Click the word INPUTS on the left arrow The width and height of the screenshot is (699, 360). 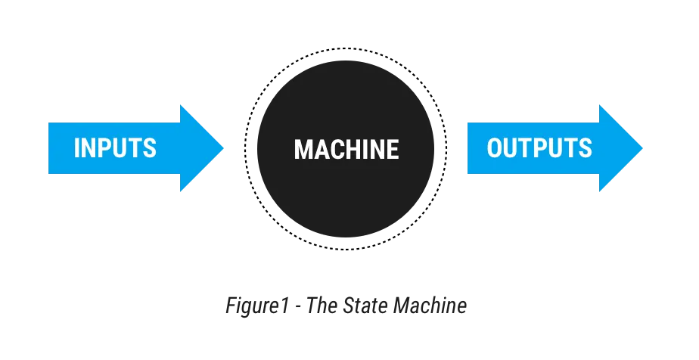click(x=115, y=148)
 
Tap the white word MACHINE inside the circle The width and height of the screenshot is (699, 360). click(x=346, y=149)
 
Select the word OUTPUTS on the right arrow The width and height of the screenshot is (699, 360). click(x=539, y=148)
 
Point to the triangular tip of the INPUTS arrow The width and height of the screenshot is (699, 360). click(x=224, y=148)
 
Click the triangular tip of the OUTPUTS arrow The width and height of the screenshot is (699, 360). click(x=643, y=148)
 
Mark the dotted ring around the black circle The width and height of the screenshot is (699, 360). click(x=346, y=48)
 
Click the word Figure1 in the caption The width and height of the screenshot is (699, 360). click(x=258, y=306)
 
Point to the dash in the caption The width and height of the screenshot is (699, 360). click(x=298, y=308)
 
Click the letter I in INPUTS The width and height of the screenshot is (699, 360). click(x=76, y=148)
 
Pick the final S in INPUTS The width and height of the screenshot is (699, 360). click(x=150, y=148)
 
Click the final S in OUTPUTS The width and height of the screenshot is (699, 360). click(x=586, y=148)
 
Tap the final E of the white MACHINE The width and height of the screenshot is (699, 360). click(x=393, y=149)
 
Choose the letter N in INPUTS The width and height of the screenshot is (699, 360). click(x=89, y=148)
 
